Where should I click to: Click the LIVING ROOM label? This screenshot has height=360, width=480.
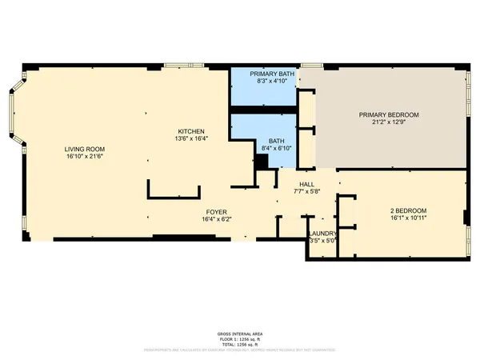click(85, 149)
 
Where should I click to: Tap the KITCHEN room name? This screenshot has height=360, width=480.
click(191, 130)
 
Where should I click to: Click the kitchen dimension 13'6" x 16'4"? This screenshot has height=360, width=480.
click(191, 138)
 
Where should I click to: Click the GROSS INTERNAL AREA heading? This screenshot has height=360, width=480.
click(240, 334)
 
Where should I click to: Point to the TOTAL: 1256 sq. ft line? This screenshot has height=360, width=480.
click(240, 343)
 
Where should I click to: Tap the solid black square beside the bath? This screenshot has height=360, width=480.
click(261, 161)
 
